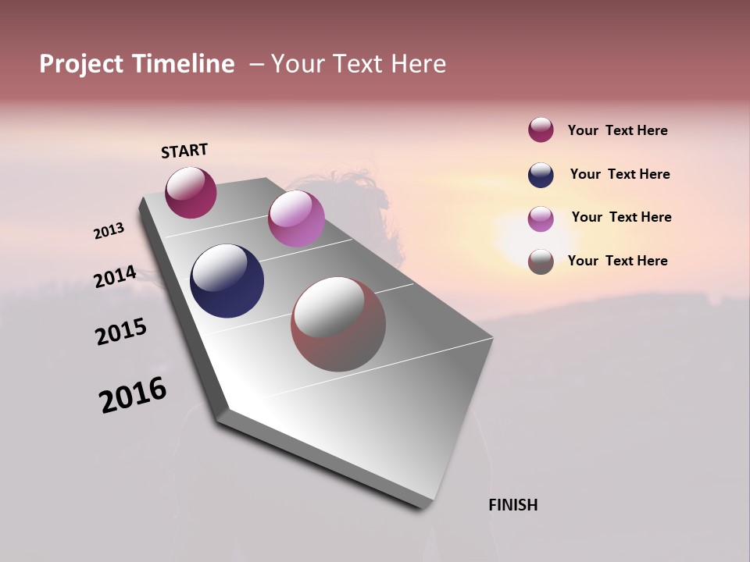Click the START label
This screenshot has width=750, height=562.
(x=184, y=151)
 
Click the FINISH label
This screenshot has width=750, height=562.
(x=512, y=505)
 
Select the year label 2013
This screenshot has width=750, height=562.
(x=109, y=231)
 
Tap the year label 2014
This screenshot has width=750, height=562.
(x=115, y=277)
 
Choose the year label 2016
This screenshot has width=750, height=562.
(x=133, y=395)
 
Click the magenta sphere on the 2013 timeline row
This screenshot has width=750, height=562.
(x=191, y=192)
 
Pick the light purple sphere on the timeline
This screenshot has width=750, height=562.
(x=296, y=219)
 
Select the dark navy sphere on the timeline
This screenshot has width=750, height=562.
(x=227, y=281)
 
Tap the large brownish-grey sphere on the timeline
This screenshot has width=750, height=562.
(x=338, y=324)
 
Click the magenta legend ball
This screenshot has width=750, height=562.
(x=541, y=130)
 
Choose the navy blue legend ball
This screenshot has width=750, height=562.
(x=541, y=175)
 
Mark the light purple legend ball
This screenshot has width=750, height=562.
(x=541, y=219)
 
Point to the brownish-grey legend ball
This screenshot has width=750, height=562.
(x=541, y=261)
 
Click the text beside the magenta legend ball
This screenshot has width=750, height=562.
(x=617, y=130)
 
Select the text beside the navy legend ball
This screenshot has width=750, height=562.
(x=620, y=174)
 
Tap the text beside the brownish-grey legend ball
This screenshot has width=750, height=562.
(x=617, y=261)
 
